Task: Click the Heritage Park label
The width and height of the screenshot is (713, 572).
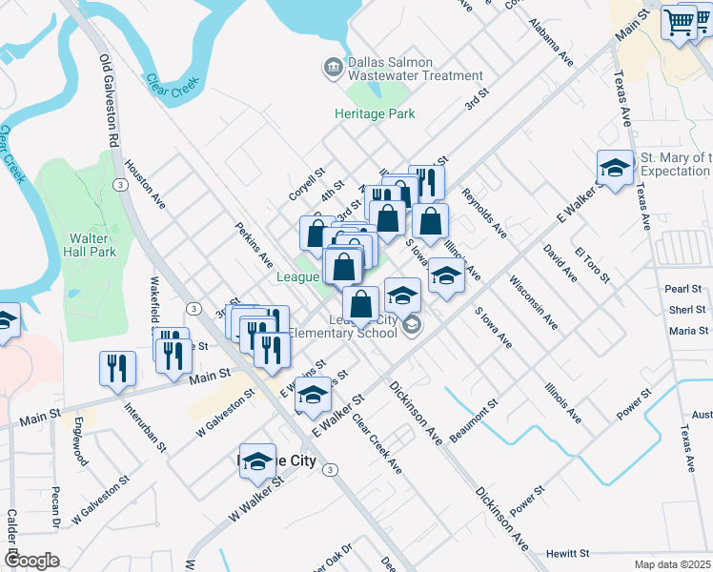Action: (x=375, y=113)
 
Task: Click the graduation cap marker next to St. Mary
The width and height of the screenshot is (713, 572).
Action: (x=615, y=170)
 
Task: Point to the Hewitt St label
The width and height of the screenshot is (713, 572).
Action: (x=568, y=553)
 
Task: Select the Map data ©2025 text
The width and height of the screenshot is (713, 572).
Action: (x=672, y=564)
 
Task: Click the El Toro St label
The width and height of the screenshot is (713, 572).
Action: (x=591, y=264)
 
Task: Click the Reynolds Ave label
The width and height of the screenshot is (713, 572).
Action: (x=484, y=212)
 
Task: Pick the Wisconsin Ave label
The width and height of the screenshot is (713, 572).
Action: (x=533, y=302)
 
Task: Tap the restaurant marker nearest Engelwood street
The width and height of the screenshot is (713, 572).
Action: (x=117, y=368)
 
